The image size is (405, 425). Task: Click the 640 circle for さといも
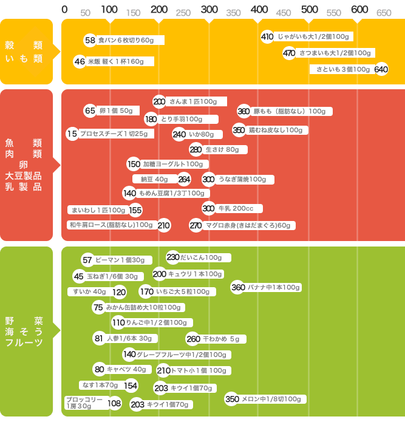[381, 69]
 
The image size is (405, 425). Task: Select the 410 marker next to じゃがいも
[267, 36]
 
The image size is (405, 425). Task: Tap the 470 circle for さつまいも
[289, 53]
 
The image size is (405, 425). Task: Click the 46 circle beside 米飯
[80, 61]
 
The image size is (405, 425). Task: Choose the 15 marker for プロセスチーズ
[72, 134]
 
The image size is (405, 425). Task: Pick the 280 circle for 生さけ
[196, 149]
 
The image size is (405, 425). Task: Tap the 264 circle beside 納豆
[185, 179]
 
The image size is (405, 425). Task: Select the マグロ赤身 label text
[248, 225]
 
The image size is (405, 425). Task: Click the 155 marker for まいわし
[135, 210]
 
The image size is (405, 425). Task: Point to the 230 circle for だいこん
[173, 257]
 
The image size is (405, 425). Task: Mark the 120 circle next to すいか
[120, 292]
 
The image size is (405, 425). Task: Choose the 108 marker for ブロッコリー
[115, 403]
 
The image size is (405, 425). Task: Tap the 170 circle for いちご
[146, 292]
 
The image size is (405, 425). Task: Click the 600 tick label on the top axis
[359, 9]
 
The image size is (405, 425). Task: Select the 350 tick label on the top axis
[233, 13]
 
